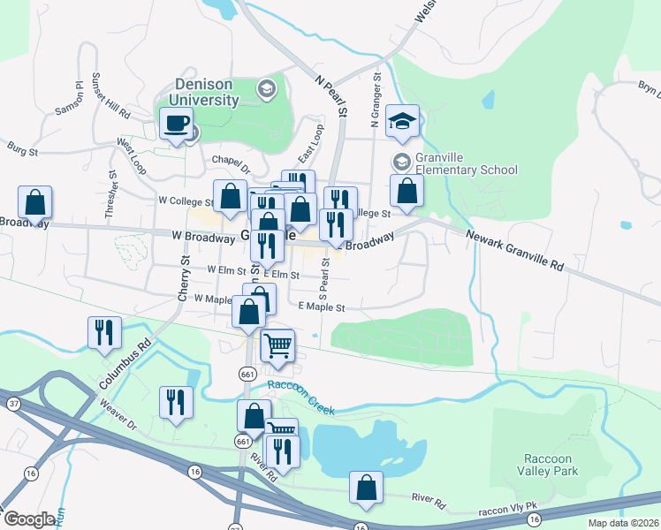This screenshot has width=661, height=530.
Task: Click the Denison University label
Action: coord(206,92)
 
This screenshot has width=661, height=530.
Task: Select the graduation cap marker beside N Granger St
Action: coord(403,123)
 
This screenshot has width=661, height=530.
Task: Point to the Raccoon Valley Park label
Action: coord(555,466)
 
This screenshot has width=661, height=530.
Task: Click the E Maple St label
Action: coord(321,307)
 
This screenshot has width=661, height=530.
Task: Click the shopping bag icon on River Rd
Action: coord(366,488)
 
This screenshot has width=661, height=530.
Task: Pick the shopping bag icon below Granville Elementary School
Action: coord(406,190)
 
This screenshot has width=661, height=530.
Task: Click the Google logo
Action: coord(29,519)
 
